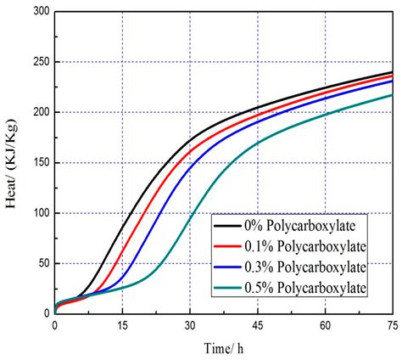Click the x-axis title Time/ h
[223, 348]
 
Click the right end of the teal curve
[392, 95]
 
